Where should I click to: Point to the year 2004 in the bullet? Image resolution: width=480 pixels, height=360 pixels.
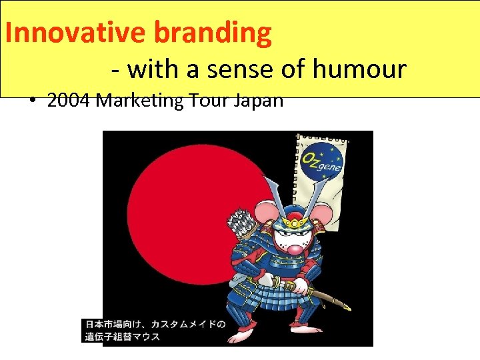point(69,101)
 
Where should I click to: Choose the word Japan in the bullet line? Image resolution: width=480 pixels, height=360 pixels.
point(261,101)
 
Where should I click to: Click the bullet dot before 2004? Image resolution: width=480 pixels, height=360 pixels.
point(33,101)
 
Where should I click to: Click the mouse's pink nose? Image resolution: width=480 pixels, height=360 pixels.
point(293,249)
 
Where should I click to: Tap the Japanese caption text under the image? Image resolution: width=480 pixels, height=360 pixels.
point(155,330)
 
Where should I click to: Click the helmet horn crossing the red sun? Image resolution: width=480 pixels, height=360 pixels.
point(274,193)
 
